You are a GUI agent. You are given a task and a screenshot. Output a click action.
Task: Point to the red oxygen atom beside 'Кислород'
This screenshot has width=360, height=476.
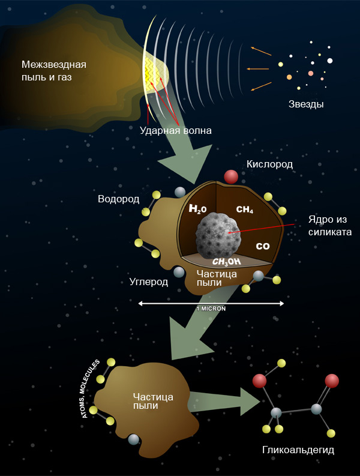pyautogui.click(x=231, y=176)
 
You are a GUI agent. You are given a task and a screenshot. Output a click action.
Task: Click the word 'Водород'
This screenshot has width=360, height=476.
pyautogui.click(x=119, y=199)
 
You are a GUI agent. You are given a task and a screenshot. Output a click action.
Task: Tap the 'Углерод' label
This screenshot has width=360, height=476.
pyautogui.click(x=149, y=282)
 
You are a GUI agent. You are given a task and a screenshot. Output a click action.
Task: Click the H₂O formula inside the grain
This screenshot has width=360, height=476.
pyautogui.click(x=198, y=209)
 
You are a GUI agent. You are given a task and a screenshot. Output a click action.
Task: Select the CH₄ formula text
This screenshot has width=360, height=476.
pyautogui.click(x=245, y=209)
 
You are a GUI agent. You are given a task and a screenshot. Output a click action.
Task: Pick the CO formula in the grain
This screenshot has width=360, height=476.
pyautogui.click(x=263, y=246)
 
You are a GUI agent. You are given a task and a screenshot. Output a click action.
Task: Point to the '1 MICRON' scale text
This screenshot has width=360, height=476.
pyautogui.click(x=211, y=309)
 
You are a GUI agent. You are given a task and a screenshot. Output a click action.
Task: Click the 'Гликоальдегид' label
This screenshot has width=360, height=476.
pyautogui.click(x=290, y=450)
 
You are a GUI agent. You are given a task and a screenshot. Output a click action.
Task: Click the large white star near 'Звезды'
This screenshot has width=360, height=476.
pyautogui.click(x=329, y=61)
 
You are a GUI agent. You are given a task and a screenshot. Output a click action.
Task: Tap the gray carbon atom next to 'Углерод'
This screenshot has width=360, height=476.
pyautogui.click(x=178, y=273)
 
